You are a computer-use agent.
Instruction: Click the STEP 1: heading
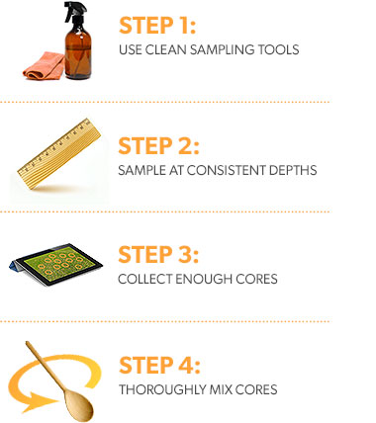157,26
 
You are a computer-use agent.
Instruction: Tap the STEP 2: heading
158,146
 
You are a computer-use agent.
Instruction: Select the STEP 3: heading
158,255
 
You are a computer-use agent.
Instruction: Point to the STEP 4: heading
159,365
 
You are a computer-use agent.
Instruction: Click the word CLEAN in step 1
166,49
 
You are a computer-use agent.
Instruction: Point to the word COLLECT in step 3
144,279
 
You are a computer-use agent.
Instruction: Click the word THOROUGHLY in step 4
162,389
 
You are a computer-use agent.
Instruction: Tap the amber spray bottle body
78,52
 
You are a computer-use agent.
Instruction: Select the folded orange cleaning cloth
44,66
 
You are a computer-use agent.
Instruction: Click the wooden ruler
59,153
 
